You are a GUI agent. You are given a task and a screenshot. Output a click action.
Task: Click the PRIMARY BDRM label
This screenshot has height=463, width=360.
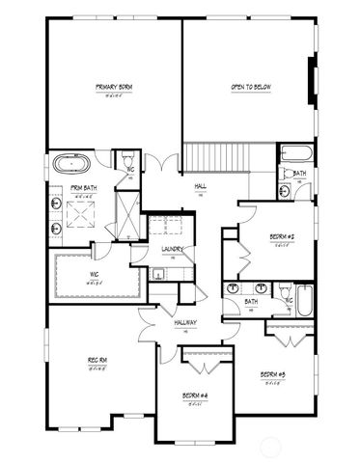pos(114,88)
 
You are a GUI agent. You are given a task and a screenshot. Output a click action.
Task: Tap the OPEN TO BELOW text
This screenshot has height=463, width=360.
pos(247,88)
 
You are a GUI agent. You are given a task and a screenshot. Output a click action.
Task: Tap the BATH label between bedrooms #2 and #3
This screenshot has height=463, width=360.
pos(251,302)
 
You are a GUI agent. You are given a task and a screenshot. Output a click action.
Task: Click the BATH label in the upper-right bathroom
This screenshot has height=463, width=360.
pos(299,174)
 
